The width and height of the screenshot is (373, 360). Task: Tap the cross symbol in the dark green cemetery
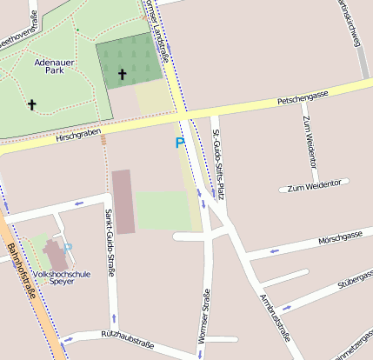tap(122, 75)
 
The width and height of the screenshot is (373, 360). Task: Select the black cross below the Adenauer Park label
tap(32, 105)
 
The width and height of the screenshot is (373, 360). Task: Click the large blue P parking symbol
tap(180, 143)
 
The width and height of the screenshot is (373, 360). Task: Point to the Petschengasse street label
tap(302, 97)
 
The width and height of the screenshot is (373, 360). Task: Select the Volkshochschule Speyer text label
tap(60, 277)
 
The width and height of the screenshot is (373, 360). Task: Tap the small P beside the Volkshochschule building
tap(68, 248)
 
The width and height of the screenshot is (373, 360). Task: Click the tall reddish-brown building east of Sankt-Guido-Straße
tap(123, 202)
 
